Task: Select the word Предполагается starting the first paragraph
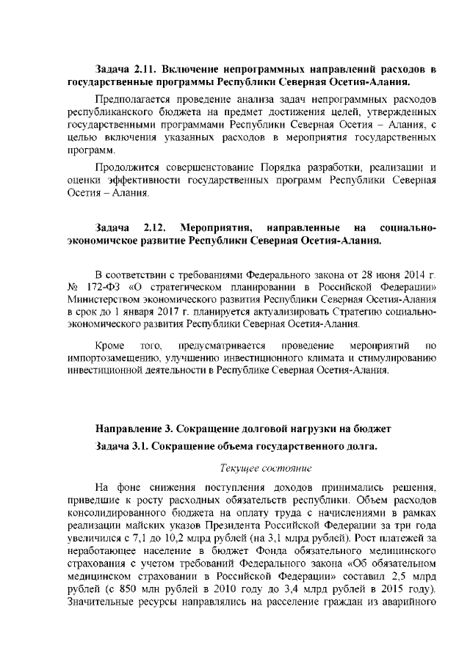pyautogui.click(x=133, y=99)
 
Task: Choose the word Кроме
pyautogui.click(x=109, y=344)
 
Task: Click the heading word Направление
pyautogui.click(x=130, y=428)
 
